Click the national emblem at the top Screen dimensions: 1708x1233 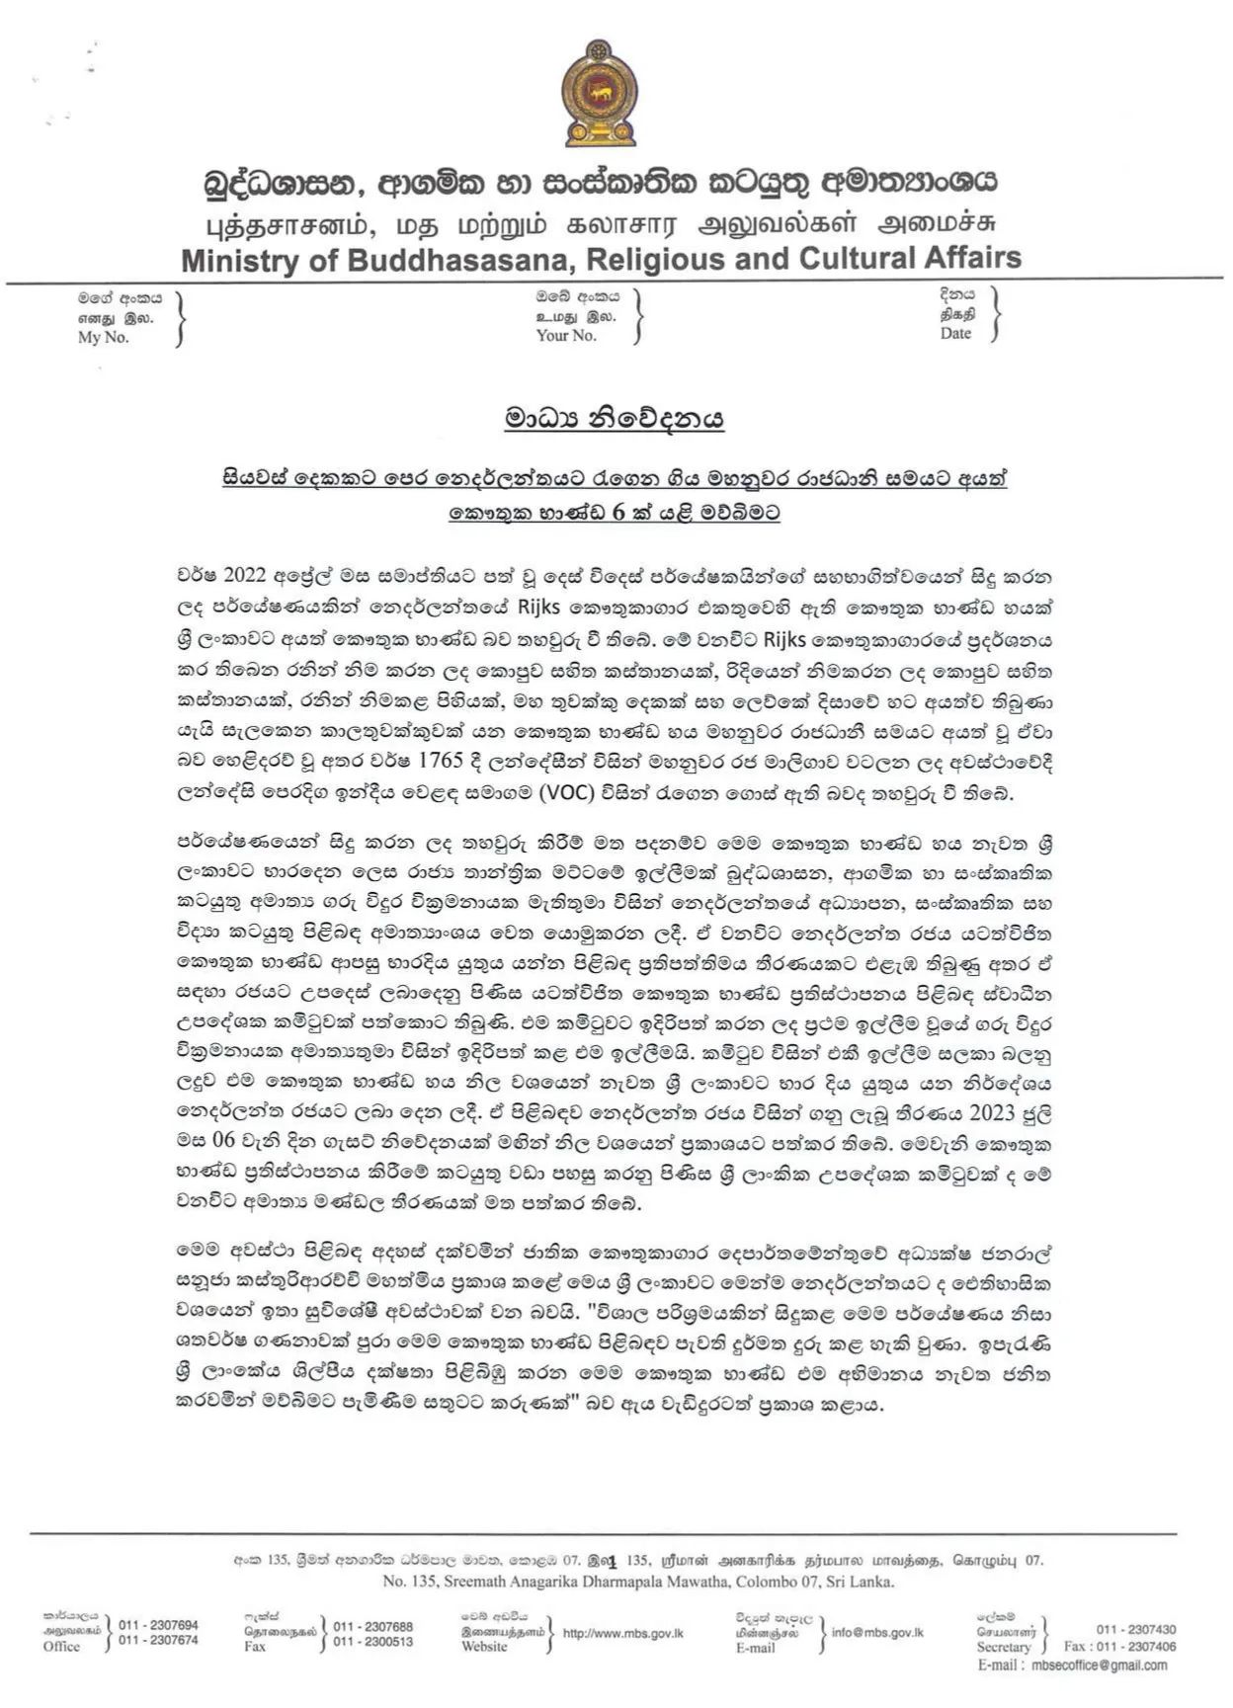(x=599, y=93)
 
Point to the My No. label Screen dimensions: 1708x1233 (x=104, y=337)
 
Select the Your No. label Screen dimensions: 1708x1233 (x=566, y=335)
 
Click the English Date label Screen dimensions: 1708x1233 (x=955, y=333)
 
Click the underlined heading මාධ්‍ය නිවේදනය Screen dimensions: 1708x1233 (x=614, y=419)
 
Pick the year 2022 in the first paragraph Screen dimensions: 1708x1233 (x=246, y=575)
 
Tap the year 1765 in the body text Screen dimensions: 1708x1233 (x=442, y=761)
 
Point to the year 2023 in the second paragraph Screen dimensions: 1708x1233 (x=991, y=1112)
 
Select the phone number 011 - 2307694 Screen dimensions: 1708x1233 (x=158, y=1625)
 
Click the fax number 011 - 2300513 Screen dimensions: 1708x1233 (x=372, y=1642)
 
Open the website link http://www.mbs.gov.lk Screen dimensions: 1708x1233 (x=622, y=1633)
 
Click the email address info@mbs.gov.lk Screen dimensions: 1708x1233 (x=877, y=1632)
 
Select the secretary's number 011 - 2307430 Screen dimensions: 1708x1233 (x=1135, y=1629)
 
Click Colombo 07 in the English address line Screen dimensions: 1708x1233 (x=769, y=1582)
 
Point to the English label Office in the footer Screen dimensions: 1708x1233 (x=61, y=1647)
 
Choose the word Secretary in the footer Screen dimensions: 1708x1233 (x=1004, y=1647)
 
